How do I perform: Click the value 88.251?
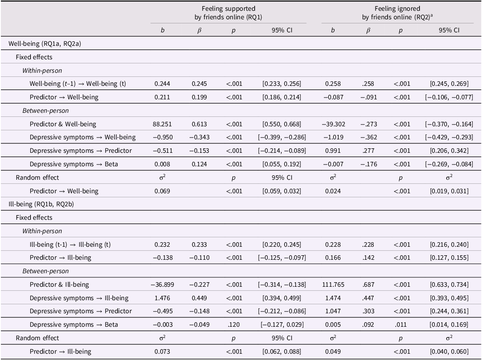pyautogui.click(x=162, y=124)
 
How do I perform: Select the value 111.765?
pyautogui.click(x=333, y=284)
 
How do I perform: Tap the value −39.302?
pyautogui.click(x=333, y=124)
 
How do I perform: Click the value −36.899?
pyautogui.click(x=162, y=284)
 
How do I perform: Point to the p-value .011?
pyautogui.click(x=401, y=324)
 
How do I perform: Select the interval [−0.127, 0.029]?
pyautogui.click(x=282, y=324)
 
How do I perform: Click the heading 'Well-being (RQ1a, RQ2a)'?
pyautogui.click(x=44, y=44)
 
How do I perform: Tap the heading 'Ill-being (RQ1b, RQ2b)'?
pyautogui.click(x=41, y=204)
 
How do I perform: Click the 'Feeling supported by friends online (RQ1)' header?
pyautogui.click(x=228, y=13)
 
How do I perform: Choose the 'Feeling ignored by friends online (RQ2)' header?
pyautogui.click(x=397, y=13)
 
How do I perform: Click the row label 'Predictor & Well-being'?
pyautogui.click(x=63, y=124)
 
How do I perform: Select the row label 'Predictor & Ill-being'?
pyautogui.click(x=59, y=284)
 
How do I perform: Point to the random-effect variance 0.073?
pyautogui.click(x=162, y=352)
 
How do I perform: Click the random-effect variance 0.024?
pyautogui.click(x=333, y=191)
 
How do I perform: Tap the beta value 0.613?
pyautogui.click(x=199, y=124)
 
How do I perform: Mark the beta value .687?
pyautogui.click(x=368, y=284)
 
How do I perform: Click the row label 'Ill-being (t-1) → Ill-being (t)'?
pyautogui.click(x=70, y=244)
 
